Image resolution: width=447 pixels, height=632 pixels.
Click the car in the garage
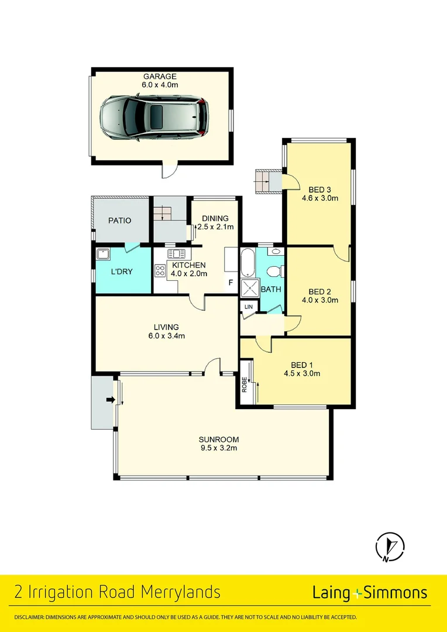(x=154, y=119)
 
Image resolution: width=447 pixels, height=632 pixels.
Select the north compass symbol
(x=389, y=547)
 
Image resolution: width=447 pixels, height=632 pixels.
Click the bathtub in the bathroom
(x=248, y=263)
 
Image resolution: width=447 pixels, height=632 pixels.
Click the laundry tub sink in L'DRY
(x=104, y=254)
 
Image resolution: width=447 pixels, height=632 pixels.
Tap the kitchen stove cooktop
(x=160, y=270)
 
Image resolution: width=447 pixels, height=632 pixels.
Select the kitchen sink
(x=176, y=254)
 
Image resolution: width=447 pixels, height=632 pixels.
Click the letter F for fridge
(x=231, y=283)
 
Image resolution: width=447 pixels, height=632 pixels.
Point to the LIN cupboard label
(x=248, y=306)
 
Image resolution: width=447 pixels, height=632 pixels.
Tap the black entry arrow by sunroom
(x=109, y=400)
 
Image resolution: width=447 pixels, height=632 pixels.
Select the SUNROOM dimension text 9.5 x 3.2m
(x=219, y=448)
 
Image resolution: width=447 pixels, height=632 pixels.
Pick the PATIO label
(x=120, y=221)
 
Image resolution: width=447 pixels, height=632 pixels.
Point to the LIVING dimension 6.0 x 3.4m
(x=166, y=336)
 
